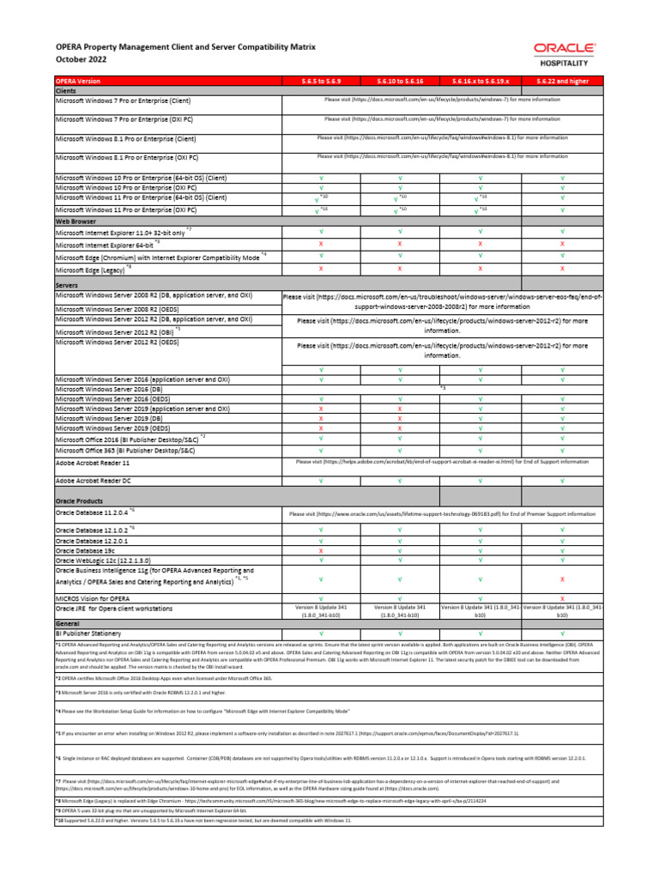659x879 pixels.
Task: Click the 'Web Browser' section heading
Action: (75, 221)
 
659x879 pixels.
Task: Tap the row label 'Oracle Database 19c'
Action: (91, 550)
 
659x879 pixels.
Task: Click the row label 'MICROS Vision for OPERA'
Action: (93, 597)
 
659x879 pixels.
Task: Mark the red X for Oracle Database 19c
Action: (321, 550)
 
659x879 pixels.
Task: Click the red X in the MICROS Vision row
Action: (562, 597)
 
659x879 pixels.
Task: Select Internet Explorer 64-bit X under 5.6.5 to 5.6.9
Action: (321, 244)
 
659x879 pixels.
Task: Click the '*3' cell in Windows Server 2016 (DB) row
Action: (442, 389)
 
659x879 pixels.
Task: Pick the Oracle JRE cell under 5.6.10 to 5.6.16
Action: (400, 611)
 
